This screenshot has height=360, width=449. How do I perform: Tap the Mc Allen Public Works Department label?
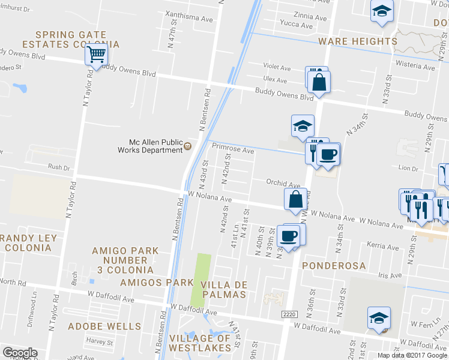click(155, 146)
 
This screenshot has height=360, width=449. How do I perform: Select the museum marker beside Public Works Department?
click(188, 146)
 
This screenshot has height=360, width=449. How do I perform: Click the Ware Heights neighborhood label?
click(358, 41)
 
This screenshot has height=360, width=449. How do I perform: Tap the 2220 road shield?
click(289, 314)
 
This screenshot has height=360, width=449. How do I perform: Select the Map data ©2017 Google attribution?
click(412, 355)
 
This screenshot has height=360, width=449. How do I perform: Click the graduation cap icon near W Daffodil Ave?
click(379, 318)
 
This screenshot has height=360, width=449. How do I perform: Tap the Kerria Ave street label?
click(382, 246)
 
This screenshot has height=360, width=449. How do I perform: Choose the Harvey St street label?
click(99, 341)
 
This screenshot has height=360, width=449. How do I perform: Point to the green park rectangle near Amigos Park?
click(201, 280)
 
